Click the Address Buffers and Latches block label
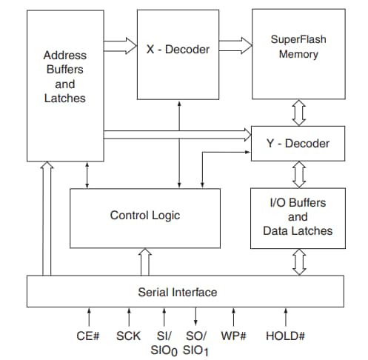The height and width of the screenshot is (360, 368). (64, 76)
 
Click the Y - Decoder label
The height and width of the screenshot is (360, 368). (298, 142)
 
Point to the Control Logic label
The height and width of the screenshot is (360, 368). (145, 216)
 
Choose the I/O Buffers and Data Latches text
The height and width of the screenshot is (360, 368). (298, 217)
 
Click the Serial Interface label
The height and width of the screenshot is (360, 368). (178, 292)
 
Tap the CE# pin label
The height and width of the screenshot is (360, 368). (88, 336)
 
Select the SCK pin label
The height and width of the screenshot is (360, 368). (129, 336)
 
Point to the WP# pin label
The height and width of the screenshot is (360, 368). (235, 336)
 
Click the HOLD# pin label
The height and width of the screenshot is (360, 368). (286, 336)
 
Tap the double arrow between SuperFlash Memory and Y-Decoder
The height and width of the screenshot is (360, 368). (299, 113)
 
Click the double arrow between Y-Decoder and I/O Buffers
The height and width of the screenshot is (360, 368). (299, 175)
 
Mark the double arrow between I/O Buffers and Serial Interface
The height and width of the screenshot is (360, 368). (299, 261)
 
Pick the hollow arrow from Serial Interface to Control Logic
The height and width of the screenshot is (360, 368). (145, 261)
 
